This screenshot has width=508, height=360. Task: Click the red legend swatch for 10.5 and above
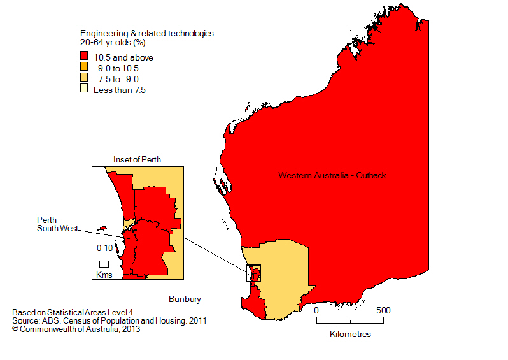[x=83, y=57]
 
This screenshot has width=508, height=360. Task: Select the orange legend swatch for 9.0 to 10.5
[x=83, y=68]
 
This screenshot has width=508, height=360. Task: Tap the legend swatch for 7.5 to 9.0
[x=83, y=79]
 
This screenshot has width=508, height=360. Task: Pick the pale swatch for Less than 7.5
[x=83, y=90]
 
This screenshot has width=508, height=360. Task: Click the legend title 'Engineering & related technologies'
[x=146, y=33]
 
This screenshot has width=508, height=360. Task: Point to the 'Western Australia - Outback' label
[x=332, y=175]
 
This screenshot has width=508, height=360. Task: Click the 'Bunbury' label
[x=185, y=298]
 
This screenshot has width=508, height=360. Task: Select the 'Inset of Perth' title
[x=137, y=159]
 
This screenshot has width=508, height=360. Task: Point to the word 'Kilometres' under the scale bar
[x=350, y=334]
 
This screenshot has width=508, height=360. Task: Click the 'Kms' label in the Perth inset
[x=103, y=275]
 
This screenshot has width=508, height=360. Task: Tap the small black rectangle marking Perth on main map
[x=253, y=273]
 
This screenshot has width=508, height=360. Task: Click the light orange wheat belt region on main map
[x=280, y=280]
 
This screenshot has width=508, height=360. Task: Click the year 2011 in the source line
[x=196, y=321]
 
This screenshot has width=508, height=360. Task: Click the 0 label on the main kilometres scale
[x=316, y=310]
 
